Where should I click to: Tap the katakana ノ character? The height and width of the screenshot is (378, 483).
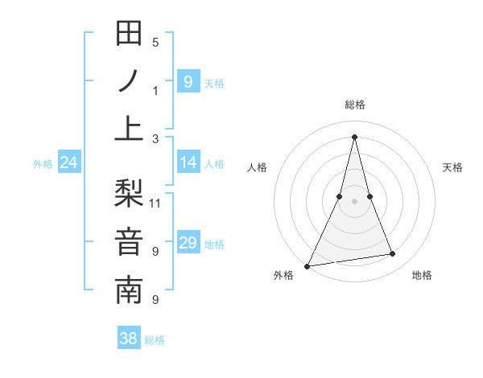click(130, 80)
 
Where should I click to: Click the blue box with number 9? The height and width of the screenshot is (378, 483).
click(188, 81)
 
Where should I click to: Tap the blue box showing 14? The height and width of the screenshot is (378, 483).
click(188, 163)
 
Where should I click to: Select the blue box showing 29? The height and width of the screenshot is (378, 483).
click(188, 244)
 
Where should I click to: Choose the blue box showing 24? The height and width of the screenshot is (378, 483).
click(68, 163)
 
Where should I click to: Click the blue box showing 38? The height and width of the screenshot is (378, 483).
click(129, 339)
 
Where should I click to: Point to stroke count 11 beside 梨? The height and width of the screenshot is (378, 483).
click(155, 203)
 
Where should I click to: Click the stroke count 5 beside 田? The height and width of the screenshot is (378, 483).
click(155, 43)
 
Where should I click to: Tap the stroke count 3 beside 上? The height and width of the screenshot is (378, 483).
click(155, 138)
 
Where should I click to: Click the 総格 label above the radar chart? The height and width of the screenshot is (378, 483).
click(354, 105)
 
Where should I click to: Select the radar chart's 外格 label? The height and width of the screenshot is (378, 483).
click(283, 275)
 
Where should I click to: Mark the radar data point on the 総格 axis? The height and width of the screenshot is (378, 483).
click(354, 136)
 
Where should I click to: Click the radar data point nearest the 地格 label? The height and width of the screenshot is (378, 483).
click(392, 254)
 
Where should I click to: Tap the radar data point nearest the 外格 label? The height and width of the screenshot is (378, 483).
click(307, 265)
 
